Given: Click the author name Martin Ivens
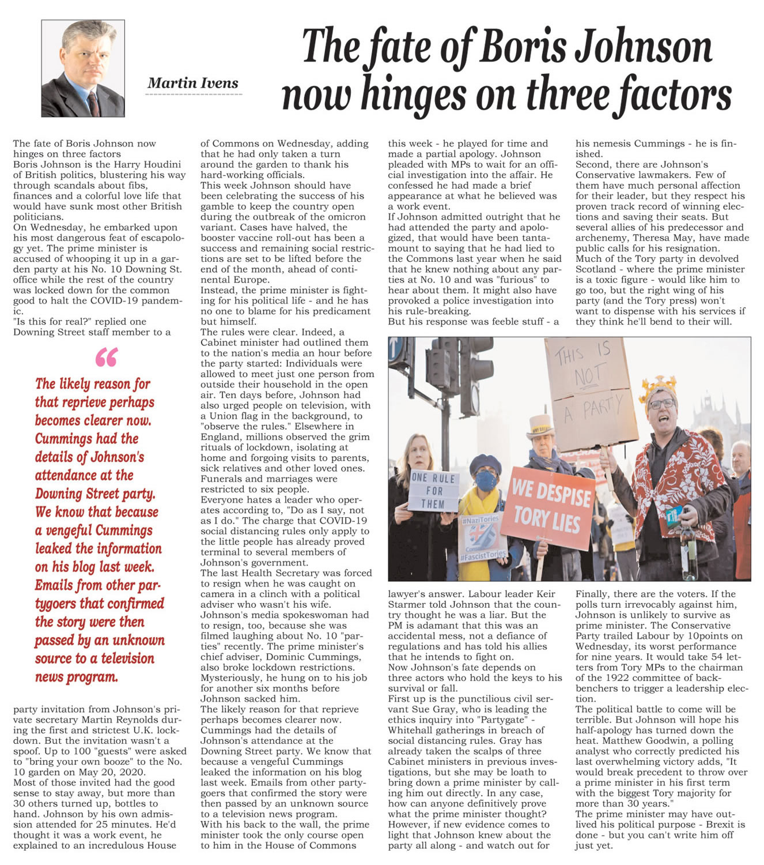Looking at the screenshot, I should point(193,83).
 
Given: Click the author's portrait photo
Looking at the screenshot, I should point(83,68).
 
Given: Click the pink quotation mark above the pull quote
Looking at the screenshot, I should point(106,358).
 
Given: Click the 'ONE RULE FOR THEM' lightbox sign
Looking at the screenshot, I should point(434,491).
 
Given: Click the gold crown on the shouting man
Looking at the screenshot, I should point(657,384).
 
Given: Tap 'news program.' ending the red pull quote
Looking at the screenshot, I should point(76,677).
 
